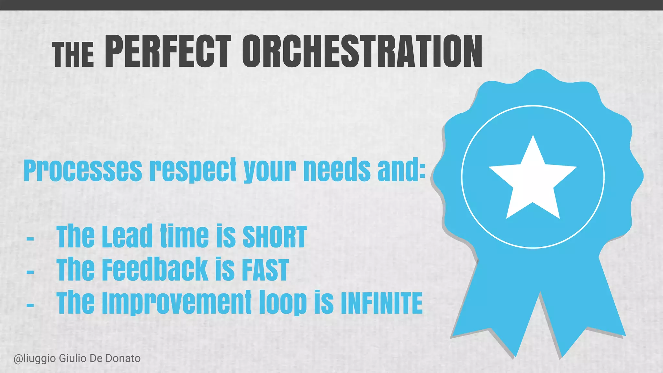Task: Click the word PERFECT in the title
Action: pyautogui.click(x=168, y=52)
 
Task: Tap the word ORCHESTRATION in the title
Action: pyautogui.click(x=362, y=52)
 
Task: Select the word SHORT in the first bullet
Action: pyautogui.click(x=274, y=237)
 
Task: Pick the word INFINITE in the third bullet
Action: pyautogui.click(x=382, y=303)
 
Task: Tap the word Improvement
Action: pyautogui.click(x=176, y=303)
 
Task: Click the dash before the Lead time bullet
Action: pyautogui.click(x=30, y=239)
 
